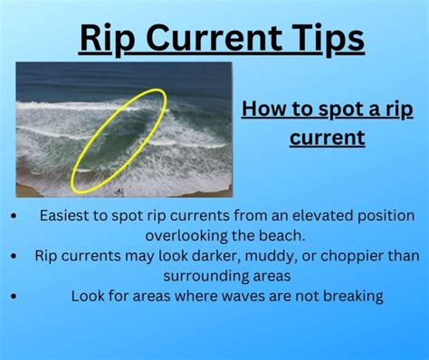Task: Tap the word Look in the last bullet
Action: click(88, 296)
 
